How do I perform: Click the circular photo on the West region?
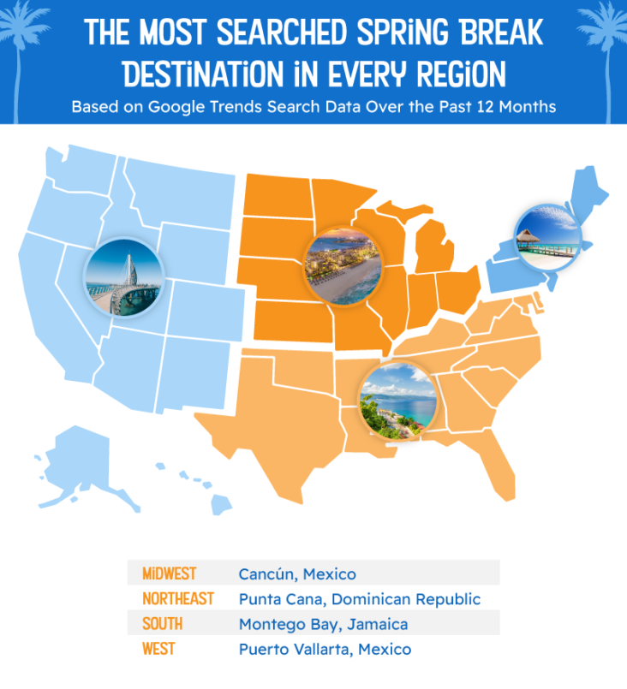pos(123,276)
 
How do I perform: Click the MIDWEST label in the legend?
pos(170,573)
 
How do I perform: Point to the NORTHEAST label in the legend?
pos(178,598)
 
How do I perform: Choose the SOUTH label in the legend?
pos(163,624)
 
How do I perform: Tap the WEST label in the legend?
pos(159,649)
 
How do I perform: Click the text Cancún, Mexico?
pos(297,573)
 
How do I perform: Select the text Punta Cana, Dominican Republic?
pos(360,598)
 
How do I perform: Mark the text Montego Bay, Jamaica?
pos(323,624)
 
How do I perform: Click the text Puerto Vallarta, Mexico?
pos(325,649)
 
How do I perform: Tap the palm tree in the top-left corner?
pos(23,34)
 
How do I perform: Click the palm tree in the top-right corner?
pos(604,34)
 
